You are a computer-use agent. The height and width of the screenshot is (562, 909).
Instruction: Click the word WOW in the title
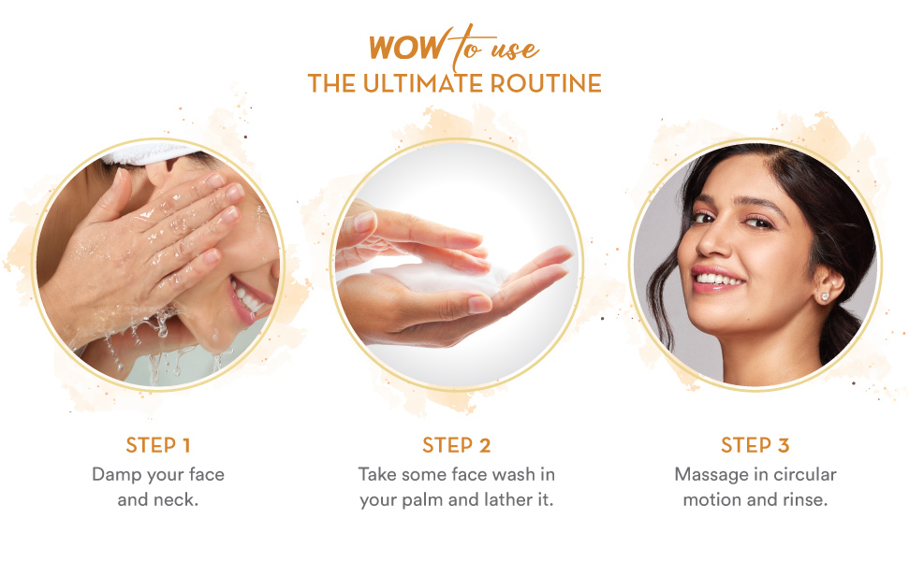pos(407,48)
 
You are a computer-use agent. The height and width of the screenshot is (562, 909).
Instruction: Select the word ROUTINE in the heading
pos(546,83)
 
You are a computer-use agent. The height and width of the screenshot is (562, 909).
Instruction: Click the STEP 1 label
pos(157,445)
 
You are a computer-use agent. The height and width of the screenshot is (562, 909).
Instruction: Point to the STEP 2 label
pos(456,445)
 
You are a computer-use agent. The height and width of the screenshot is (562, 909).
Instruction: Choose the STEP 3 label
pos(755,445)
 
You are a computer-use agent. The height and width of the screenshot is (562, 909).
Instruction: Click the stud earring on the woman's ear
pos(825,296)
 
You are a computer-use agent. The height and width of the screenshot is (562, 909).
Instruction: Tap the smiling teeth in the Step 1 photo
pos(247,296)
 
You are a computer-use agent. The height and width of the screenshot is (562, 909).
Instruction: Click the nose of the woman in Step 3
pos(714,242)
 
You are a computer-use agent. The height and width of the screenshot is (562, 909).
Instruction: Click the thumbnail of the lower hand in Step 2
pos(479,303)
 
